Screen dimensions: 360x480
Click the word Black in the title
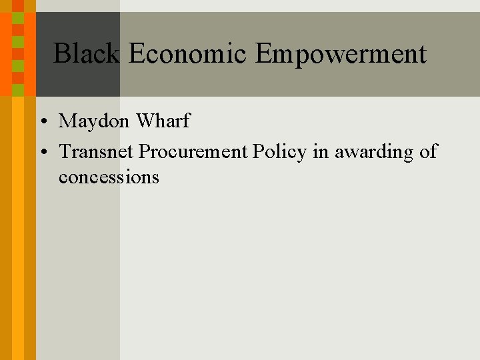(86, 53)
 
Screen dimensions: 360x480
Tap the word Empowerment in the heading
(340, 53)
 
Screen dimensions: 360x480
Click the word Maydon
(95, 122)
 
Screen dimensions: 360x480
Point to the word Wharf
(163, 121)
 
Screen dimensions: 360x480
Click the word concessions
(109, 177)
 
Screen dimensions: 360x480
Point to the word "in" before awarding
(321, 152)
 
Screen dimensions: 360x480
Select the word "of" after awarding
(428, 152)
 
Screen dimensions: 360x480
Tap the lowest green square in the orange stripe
(18, 89)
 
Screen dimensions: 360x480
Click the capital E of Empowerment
(263, 53)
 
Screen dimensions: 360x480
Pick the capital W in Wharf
(145, 121)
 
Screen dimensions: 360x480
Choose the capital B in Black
(61, 53)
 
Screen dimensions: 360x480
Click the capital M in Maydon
(67, 121)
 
